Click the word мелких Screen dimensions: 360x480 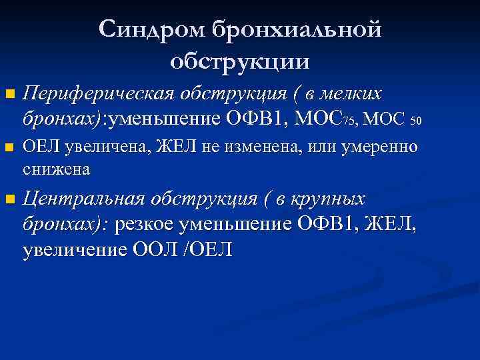click(354, 94)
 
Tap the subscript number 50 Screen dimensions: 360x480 click(417, 121)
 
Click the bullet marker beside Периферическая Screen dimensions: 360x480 click(8, 95)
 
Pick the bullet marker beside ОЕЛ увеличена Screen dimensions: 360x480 click(8, 148)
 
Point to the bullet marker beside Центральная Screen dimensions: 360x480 click(8, 200)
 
